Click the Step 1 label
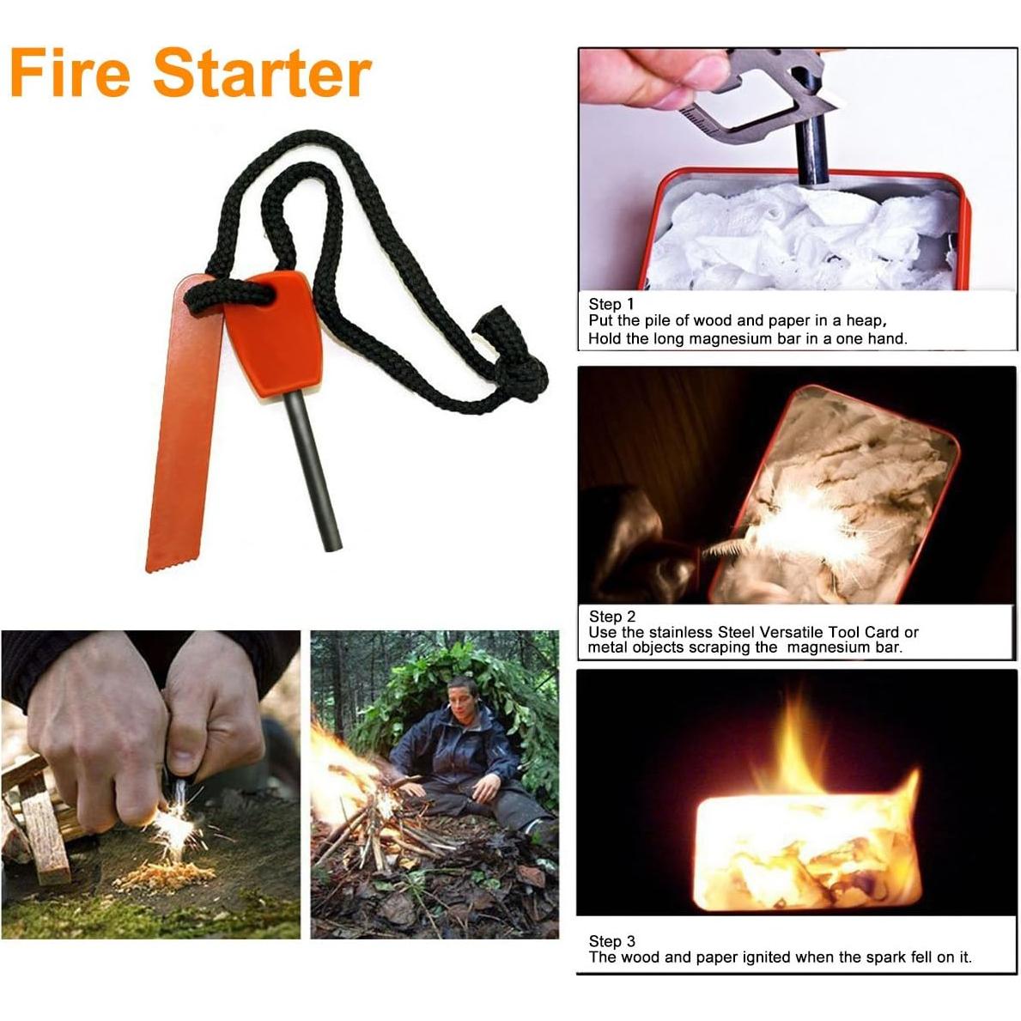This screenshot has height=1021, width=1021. point(611,304)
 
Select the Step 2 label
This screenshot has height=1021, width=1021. point(612,616)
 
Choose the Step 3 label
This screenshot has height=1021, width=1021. point(612,941)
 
